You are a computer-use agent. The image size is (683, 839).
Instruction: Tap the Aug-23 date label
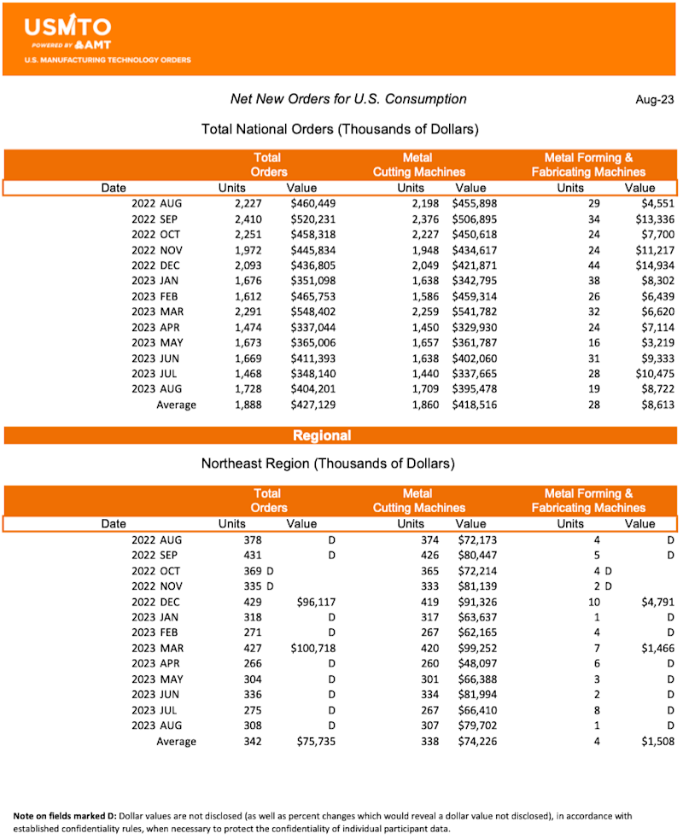653,100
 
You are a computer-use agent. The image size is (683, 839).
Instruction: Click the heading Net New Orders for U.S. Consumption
348,99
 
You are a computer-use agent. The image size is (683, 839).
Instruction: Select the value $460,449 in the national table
313,204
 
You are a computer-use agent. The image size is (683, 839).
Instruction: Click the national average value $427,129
313,405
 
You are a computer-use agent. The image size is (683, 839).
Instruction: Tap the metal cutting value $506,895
475,219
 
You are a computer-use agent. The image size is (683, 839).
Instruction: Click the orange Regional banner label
322,435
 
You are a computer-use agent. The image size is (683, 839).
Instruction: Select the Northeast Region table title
328,464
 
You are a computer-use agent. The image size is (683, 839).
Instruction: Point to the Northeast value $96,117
316,602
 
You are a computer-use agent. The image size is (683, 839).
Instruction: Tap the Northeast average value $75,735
316,741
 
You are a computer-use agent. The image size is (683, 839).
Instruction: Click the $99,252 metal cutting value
477,648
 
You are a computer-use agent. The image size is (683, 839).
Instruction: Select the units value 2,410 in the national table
248,219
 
